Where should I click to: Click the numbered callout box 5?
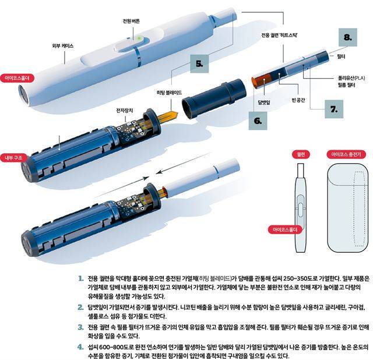pos(199,63)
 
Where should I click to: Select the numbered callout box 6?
pos(258,121)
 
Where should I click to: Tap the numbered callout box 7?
pos(334,109)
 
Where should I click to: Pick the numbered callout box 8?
pos(348,37)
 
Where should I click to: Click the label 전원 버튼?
pos(131,21)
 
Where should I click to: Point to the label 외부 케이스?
pos(63,45)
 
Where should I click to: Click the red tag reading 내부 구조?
pos(13,158)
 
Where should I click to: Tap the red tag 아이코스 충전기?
pos(346,154)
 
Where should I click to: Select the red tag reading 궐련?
pos(301,154)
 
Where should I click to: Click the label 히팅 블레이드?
pos(169,93)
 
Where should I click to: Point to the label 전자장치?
pos(124,110)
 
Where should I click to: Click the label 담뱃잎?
pos(264,103)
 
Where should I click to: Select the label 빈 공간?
pos(298,100)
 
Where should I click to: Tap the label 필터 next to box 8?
pos(341,57)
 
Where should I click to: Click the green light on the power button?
pos(139,37)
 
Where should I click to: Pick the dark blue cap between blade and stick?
pos(214,98)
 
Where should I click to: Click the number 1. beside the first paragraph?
pos(81,278)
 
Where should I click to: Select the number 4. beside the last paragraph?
pos(81,347)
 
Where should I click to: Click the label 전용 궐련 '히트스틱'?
pos(279,35)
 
